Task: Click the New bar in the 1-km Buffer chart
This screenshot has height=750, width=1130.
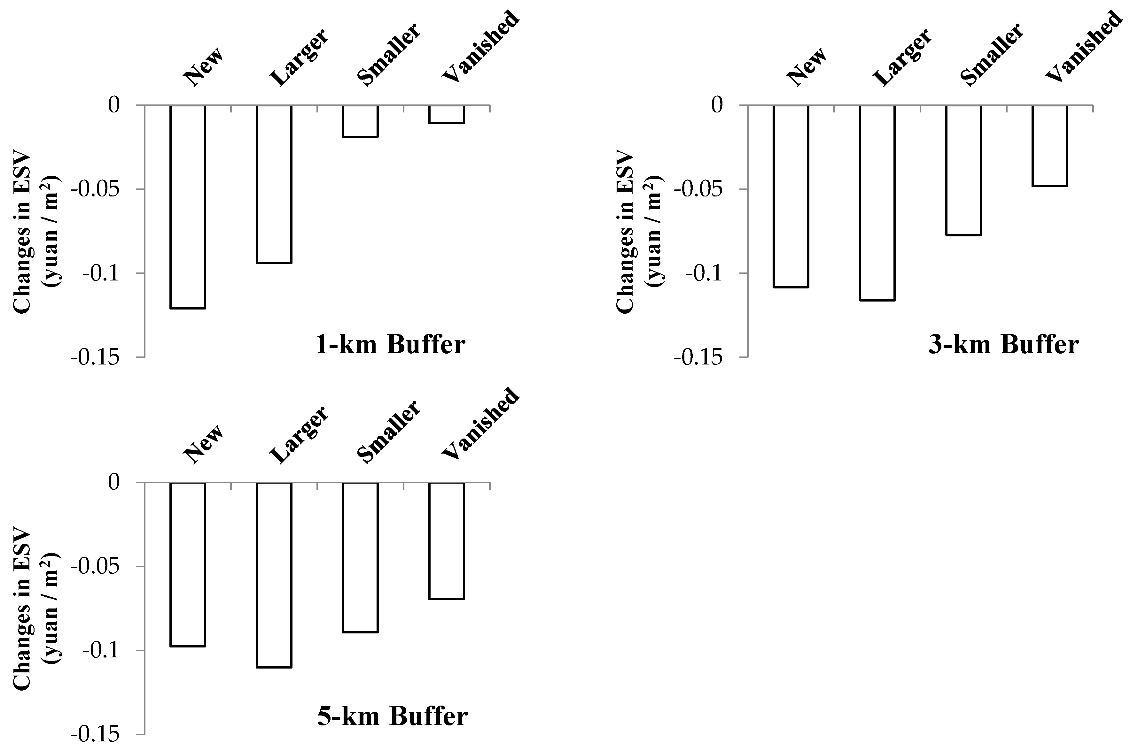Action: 188,207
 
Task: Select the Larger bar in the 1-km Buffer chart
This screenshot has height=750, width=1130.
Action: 274,184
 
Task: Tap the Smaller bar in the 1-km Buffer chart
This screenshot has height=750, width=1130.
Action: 360,121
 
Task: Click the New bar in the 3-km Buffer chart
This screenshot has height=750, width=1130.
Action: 791,196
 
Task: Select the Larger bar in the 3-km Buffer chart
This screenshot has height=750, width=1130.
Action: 877,203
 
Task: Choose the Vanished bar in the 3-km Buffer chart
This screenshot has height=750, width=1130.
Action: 1049,145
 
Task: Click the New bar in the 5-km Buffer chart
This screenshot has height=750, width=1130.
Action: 188,564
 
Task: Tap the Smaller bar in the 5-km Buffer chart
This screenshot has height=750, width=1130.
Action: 360,557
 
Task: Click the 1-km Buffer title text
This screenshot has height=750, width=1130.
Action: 390,344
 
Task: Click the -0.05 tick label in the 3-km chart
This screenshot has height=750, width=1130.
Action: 697,189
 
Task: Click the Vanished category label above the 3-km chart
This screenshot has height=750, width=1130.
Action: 1083,47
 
